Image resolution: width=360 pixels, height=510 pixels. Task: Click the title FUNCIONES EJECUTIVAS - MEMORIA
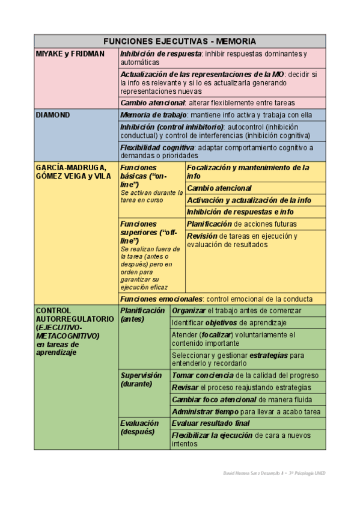tap(180, 41)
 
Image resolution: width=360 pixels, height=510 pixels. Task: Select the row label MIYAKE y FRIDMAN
tap(70, 54)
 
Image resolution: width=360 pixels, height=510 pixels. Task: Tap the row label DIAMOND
tap(53, 114)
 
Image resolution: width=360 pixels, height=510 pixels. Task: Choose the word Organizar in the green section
tap(188, 310)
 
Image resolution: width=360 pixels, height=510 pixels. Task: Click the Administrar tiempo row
tap(246, 412)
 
